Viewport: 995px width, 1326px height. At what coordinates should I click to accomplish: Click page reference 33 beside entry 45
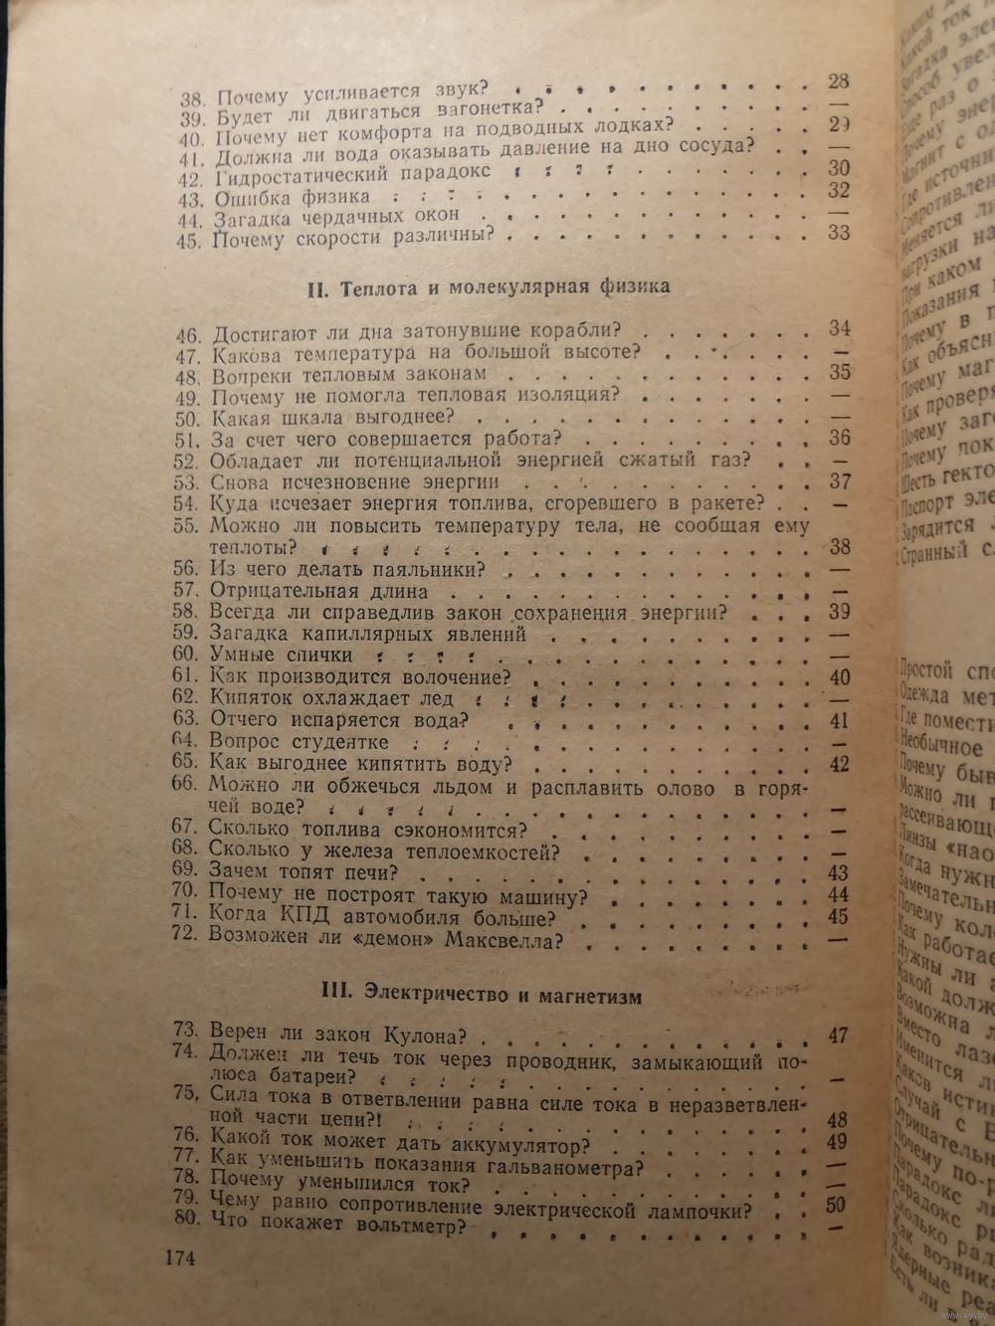pos(838,233)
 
